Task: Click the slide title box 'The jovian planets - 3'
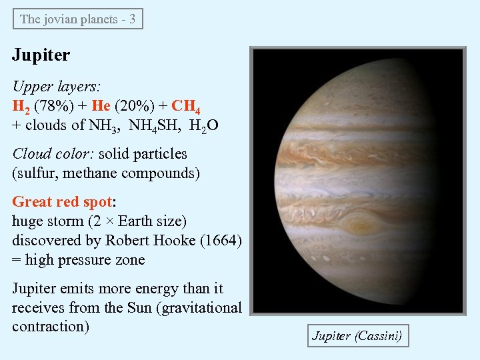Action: pyautogui.click(x=78, y=19)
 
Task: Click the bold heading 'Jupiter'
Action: pyautogui.click(x=41, y=55)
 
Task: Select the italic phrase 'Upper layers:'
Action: pyautogui.click(x=56, y=87)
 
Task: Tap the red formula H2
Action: pyautogui.click(x=21, y=107)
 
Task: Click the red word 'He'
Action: pyautogui.click(x=101, y=106)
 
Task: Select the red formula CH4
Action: pyautogui.click(x=186, y=107)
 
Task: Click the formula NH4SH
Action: pyautogui.click(x=155, y=125)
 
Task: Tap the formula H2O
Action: pyautogui.click(x=204, y=125)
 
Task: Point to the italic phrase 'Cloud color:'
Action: pyautogui.click(x=53, y=154)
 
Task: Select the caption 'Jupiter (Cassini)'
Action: pyautogui.click(x=357, y=336)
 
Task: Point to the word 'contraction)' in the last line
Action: pyautogui.click(x=51, y=327)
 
